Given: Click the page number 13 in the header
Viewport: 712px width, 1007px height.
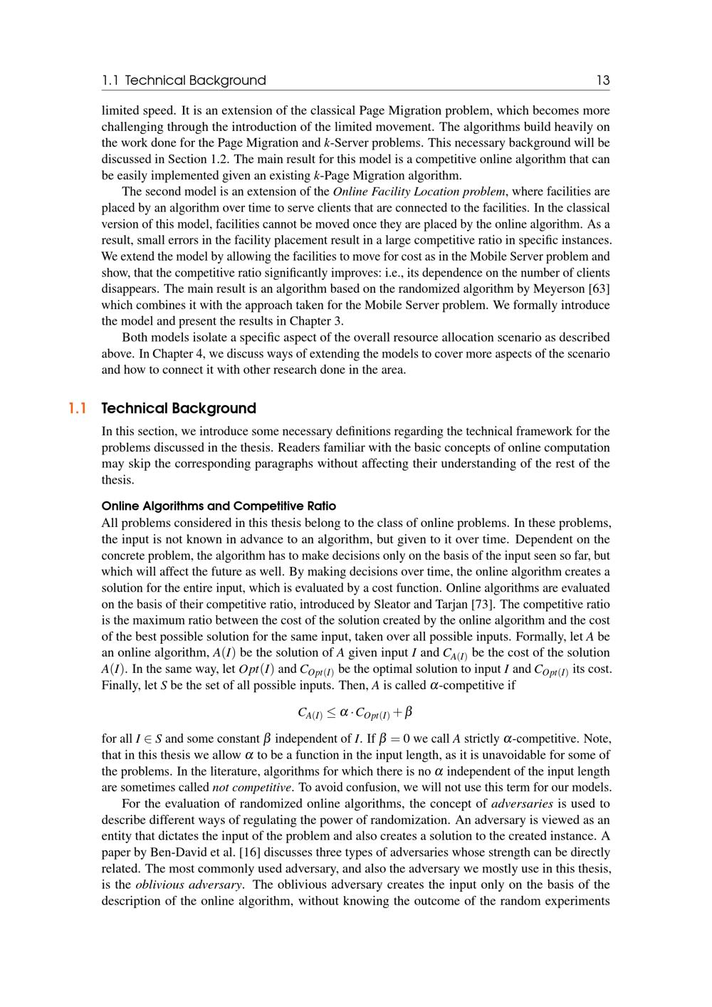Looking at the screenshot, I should [602, 80].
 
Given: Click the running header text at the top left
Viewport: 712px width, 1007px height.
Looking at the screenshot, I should [184, 80].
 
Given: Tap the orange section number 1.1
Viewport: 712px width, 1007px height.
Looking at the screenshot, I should [77, 408].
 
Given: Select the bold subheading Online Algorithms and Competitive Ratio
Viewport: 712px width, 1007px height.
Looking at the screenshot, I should [219, 506].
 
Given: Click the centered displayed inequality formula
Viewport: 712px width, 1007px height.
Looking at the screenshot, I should [355, 712].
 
